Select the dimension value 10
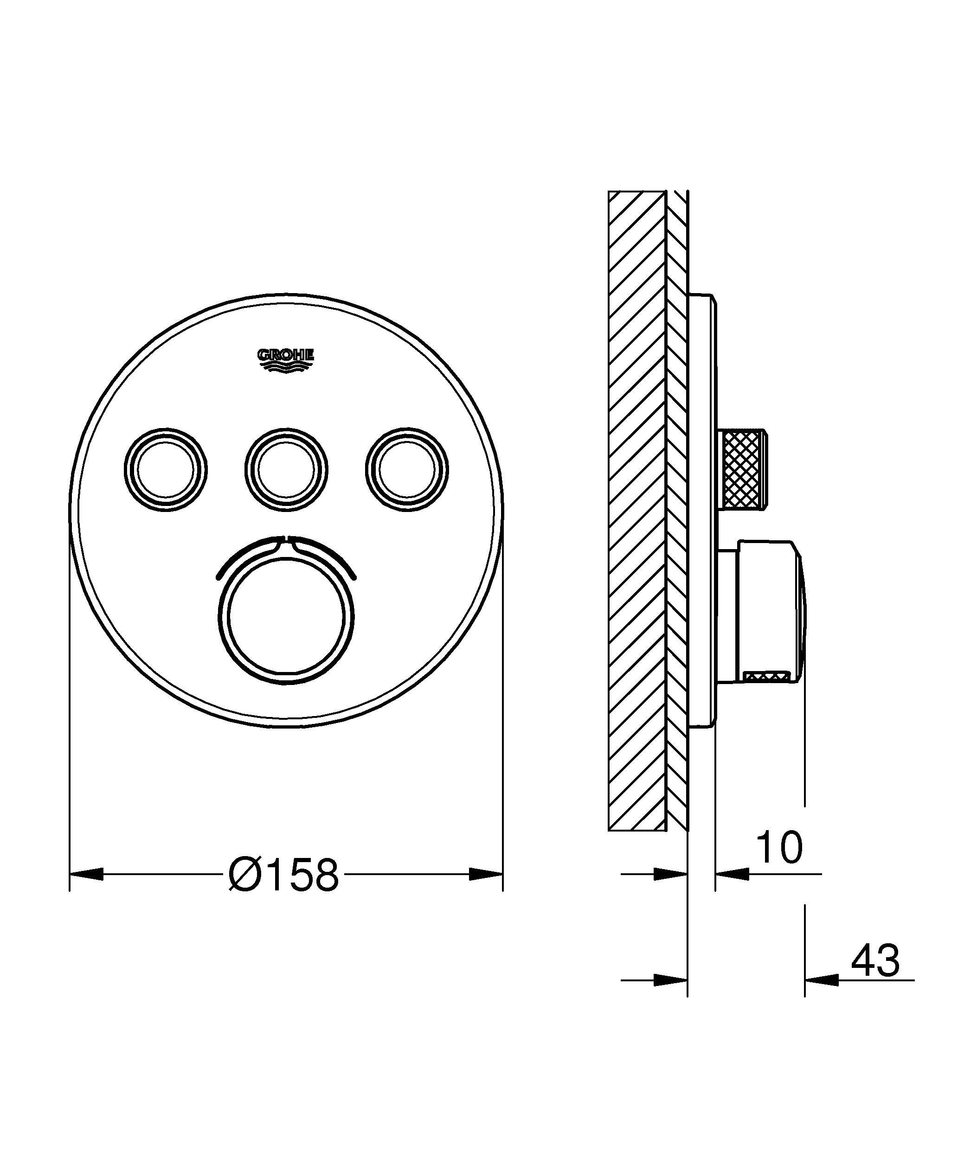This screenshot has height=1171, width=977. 779,848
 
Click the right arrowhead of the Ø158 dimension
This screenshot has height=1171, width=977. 486,874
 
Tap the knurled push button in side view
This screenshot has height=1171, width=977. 745,469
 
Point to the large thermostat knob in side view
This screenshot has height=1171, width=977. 770,611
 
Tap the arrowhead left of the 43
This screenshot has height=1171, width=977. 822,979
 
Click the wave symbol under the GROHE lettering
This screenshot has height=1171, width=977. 285,366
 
